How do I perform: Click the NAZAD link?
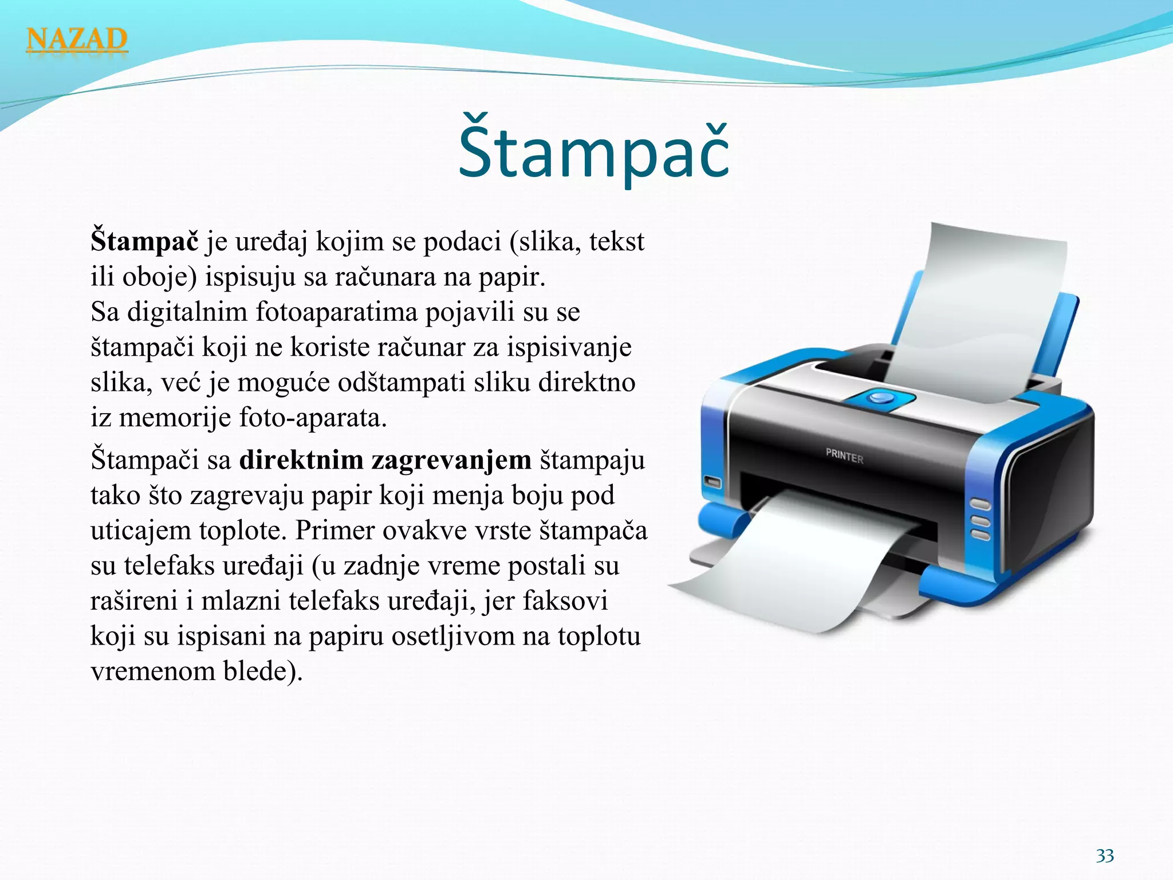[x=77, y=40]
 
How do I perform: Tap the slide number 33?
[x=1105, y=855]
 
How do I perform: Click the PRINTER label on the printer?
[x=844, y=456]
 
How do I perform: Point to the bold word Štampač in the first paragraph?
[x=144, y=241]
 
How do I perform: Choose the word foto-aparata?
[x=313, y=418]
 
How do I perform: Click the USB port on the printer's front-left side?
[x=712, y=482]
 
